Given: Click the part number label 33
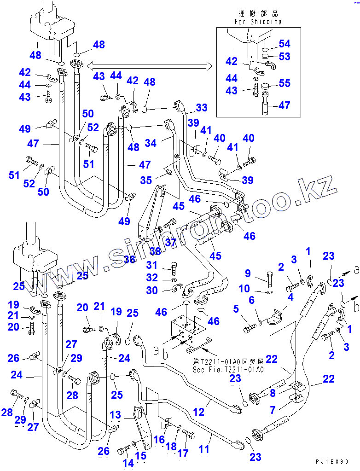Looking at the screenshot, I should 202,108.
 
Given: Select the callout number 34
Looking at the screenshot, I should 151,143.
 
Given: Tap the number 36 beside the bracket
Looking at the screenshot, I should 129,260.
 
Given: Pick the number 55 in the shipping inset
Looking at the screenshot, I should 285,84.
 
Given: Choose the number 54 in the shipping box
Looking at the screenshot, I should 285,44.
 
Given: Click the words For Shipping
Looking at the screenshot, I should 258,21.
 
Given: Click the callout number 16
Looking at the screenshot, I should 159,439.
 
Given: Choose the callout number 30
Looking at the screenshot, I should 152,290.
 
